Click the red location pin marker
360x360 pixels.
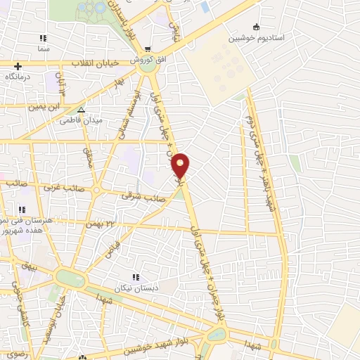coord(181,165)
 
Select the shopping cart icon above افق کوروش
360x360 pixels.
coord(147,49)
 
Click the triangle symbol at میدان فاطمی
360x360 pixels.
coord(82,110)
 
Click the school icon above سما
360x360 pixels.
coord(44,38)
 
